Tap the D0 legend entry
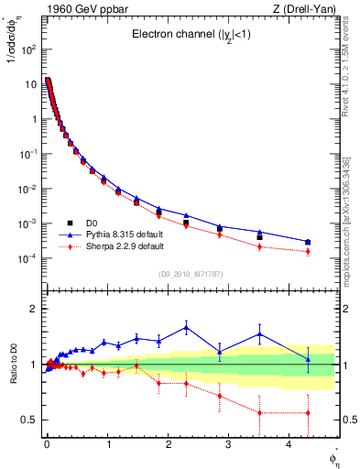point(93,223)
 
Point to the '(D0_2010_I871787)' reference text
point(191,274)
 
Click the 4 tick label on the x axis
point(289,450)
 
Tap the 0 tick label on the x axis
point(47,450)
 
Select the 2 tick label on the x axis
point(168,450)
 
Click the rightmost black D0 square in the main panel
point(308,243)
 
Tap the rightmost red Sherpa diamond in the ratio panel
point(308,413)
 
